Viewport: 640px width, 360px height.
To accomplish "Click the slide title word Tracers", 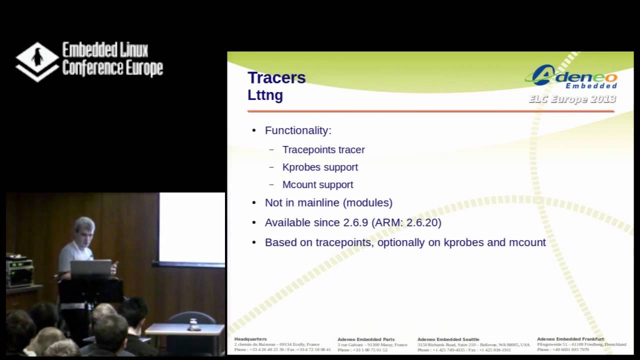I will click(276, 78).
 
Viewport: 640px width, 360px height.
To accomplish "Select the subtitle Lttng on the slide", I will click(265, 95).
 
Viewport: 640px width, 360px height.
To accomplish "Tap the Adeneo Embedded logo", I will click(571, 76).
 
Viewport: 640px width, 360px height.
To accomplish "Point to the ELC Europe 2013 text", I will click(571, 99).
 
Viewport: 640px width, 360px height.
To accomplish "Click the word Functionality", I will click(297, 130).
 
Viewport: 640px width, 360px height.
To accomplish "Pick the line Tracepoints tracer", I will click(323, 149).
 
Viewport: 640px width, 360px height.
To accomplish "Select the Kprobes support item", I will click(320, 167).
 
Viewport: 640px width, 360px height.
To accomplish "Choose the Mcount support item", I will click(317, 184).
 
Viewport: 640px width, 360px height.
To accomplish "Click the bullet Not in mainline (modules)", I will click(328, 202).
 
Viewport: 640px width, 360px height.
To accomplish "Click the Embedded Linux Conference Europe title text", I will click(112, 59).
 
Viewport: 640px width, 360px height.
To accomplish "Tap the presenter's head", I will click(84, 230).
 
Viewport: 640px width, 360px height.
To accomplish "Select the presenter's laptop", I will click(90, 268).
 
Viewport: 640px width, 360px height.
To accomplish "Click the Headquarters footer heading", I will click(250, 339).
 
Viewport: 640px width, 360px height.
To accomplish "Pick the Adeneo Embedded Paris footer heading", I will click(366, 339).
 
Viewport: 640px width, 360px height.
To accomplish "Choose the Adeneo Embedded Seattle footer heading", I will click(448, 339).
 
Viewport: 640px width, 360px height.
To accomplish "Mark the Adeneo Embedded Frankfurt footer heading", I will click(570, 339).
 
